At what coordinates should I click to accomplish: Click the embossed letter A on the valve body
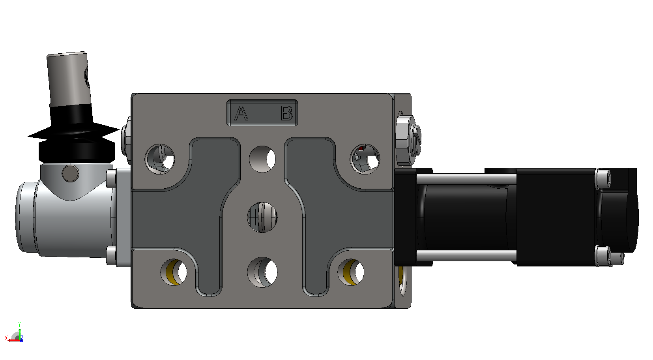click(x=241, y=113)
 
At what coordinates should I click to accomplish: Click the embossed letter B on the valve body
click(x=286, y=113)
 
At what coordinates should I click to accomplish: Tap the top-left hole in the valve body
click(x=160, y=159)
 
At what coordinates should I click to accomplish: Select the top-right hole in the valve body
click(x=365, y=159)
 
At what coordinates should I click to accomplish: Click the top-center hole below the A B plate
click(x=262, y=159)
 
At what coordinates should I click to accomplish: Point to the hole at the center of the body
click(x=262, y=217)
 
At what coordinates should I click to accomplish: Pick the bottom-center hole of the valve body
click(x=262, y=272)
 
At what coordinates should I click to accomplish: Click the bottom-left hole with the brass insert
click(x=174, y=272)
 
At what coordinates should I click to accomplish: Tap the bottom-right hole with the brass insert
click(x=351, y=272)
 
